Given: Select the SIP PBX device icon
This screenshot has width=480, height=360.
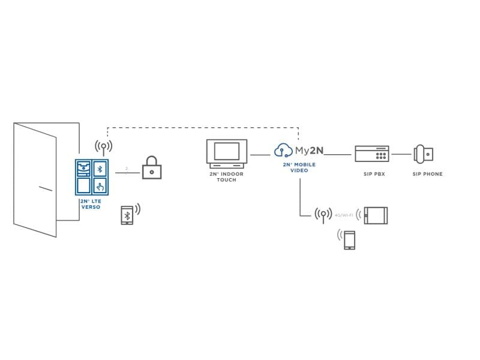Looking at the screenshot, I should coord(372,154).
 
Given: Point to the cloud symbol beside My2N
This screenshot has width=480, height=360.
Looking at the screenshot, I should coord(283,150).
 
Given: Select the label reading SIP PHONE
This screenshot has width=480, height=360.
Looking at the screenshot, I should coord(427,174).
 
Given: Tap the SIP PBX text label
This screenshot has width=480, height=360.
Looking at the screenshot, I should coord(372,174).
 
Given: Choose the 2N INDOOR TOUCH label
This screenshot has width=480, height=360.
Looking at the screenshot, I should coord(227,177).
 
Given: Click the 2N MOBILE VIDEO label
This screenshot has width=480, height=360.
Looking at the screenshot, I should coord(299,167).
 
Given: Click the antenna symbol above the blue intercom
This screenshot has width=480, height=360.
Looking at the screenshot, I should coord(103,147).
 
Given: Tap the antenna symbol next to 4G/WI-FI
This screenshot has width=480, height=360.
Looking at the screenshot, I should coord(323,214).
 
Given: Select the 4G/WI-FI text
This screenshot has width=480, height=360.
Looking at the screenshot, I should coord(344,214).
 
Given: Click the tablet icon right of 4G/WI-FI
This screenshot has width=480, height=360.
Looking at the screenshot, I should coord(376,215).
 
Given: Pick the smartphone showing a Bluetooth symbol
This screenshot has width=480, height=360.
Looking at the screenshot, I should coord(127,215).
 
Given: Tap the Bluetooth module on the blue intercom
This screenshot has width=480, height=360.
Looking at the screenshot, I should coord(100,168).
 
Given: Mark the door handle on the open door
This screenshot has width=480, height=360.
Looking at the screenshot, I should coord(46,190).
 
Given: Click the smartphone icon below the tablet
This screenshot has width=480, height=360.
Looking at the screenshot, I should coord(349,241).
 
